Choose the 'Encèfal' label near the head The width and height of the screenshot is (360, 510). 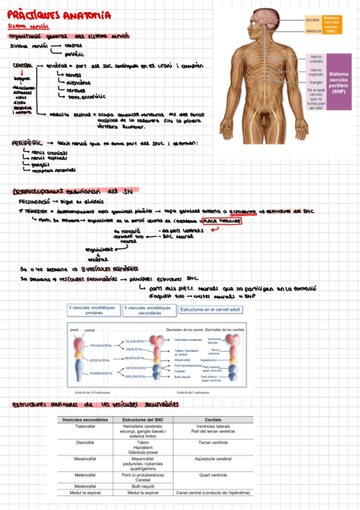(x=313, y=20)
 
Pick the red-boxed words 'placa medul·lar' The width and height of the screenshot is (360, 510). (x=222, y=221)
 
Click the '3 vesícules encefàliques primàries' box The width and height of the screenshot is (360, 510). (x=94, y=310)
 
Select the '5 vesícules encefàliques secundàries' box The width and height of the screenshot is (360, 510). (x=148, y=310)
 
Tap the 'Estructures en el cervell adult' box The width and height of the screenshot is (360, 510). (x=210, y=310)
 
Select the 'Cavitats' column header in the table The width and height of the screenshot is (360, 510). (x=215, y=419)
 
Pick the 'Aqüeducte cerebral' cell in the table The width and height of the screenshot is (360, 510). (x=215, y=458)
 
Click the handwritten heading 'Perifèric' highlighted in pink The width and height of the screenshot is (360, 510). (x=27, y=143)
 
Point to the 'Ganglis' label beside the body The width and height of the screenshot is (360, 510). (x=316, y=82)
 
